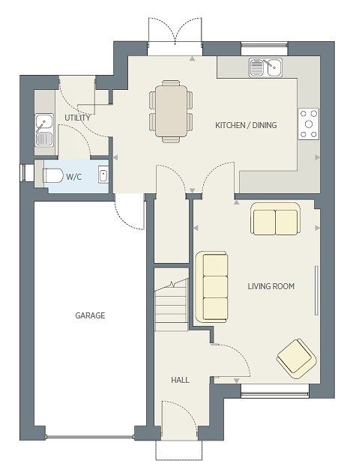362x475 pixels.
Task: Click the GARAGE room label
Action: [x=90, y=315]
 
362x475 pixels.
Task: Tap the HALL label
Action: [x=180, y=380]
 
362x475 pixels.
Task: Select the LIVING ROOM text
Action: [x=271, y=286]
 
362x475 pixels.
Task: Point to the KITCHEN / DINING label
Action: [x=246, y=125]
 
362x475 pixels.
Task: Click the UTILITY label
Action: [x=77, y=118]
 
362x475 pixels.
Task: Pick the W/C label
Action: [x=74, y=177]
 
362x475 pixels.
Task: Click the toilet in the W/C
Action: [x=52, y=175]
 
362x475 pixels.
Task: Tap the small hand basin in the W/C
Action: [x=103, y=176]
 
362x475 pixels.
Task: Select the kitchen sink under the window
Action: [x=265, y=67]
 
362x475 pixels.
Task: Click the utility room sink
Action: [x=45, y=130]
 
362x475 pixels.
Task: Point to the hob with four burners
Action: [x=308, y=124]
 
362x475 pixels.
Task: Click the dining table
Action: [x=172, y=111]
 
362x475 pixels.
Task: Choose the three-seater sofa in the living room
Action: [x=212, y=287]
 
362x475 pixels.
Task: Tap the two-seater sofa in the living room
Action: [x=275, y=219]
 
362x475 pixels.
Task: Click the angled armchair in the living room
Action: [x=297, y=359]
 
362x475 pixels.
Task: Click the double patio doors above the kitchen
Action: [x=175, y=35]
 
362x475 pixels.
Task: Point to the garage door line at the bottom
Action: [x=90, y=437]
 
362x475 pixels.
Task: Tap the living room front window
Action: [x=275, y=391]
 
